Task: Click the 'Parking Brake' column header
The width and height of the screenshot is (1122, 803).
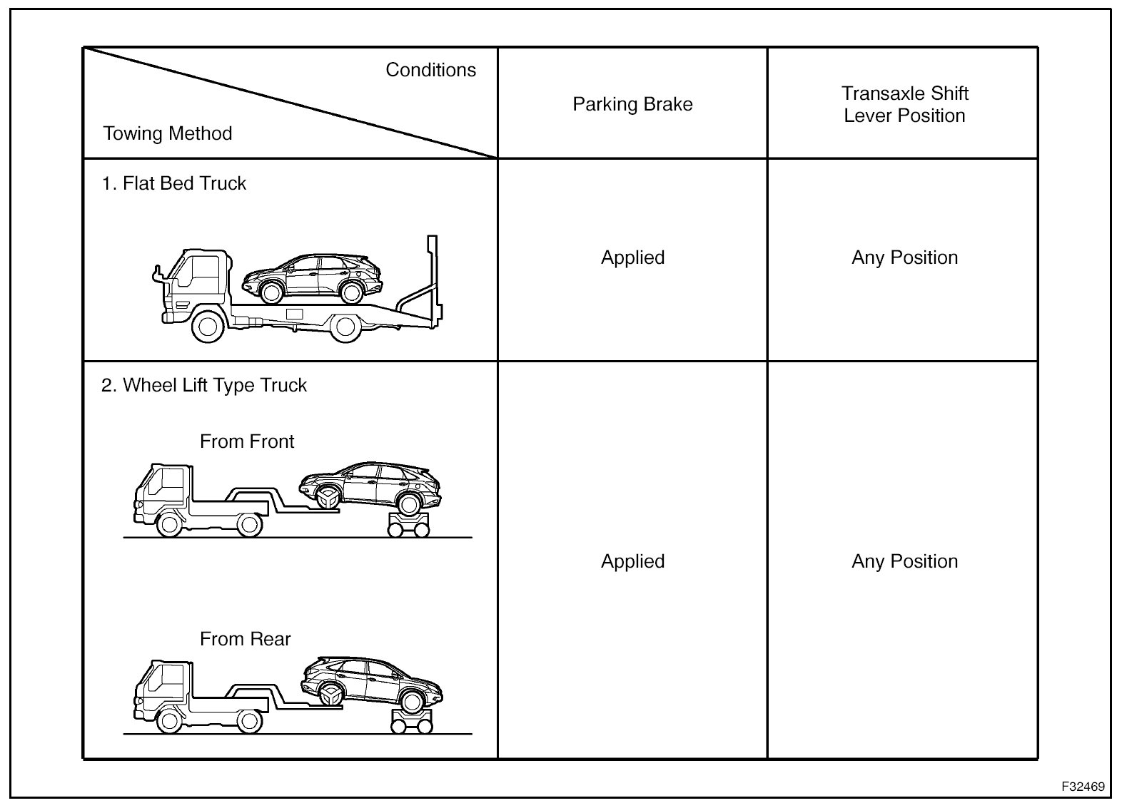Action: [632, 104]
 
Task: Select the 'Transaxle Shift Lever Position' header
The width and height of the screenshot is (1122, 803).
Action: [904, 104]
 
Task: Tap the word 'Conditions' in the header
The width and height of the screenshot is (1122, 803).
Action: [430, 70]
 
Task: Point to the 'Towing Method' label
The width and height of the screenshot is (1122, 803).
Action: [168, 133]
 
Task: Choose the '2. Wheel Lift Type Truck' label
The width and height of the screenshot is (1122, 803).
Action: [203, 385]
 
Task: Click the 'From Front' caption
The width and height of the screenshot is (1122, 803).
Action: [246, 441]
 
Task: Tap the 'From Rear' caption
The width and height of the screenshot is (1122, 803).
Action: [245, 639]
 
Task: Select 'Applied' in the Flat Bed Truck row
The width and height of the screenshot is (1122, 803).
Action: [632, 257]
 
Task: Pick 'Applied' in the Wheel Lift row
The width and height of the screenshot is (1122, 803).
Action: [632, 561]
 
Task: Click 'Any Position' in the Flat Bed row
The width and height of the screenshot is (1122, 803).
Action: [904, 257]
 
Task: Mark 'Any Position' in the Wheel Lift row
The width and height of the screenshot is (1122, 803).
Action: [904, 561]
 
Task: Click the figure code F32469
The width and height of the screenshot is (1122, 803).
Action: [1082, 787]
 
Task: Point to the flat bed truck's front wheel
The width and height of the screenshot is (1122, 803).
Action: [208, 327]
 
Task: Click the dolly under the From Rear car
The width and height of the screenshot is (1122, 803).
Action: [412, 720]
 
